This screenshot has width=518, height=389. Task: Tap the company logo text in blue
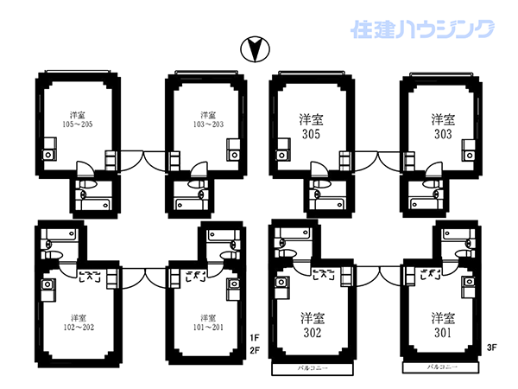[x=424, y=29]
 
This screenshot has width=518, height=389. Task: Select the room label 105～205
[x=77, y=124]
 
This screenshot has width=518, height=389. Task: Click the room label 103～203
[x=207, y=124]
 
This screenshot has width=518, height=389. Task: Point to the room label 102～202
[x=77, y=326]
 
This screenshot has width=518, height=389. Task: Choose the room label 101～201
[x=207, y=326]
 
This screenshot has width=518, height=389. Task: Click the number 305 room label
[x=312, y=136]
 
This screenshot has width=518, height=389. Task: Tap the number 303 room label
[x=443, y=136]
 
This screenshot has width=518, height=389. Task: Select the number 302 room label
[x=312, y=333]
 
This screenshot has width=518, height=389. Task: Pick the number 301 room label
[x=443, y=333]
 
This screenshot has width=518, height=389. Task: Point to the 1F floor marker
[x=254, y=338]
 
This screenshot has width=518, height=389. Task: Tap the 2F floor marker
[x=254, y=350]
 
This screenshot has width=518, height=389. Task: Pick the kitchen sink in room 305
[x=282, y=156]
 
